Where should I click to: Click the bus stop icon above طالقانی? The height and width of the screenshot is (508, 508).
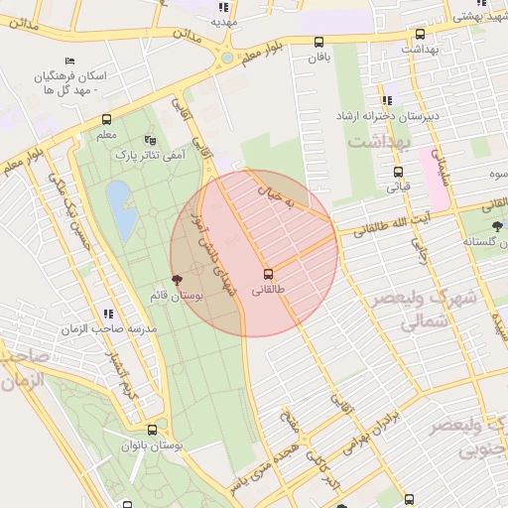pyautogui.click(x=268, y=274)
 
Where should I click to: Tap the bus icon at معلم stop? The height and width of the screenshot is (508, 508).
pyautogui.click(x=106, y=120)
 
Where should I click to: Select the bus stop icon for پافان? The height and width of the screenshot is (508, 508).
pyautogui.click(x=318, y=42)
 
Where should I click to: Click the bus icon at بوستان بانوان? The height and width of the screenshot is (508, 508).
pyautogui.click(x=152, y=430)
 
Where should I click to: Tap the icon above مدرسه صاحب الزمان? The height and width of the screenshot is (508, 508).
pyautogui.click(x=108, y=314)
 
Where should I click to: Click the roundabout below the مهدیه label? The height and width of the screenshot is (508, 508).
pyautogui.click(x=228, y=58)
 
